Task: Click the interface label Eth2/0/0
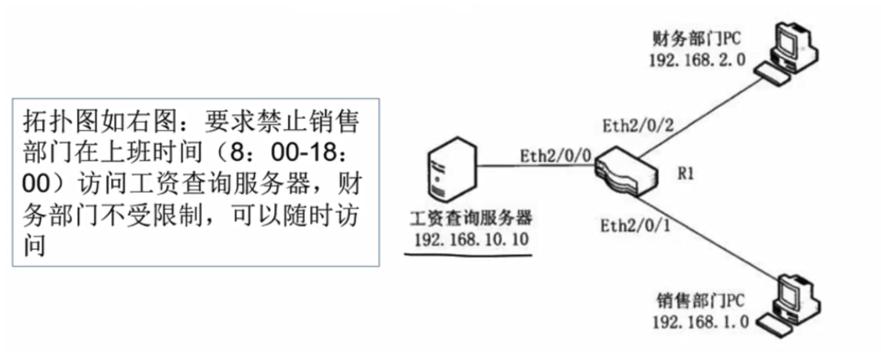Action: [x=552, y=155]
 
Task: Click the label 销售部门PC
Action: [x=700, y=301]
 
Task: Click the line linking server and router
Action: [x=532, y=166]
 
